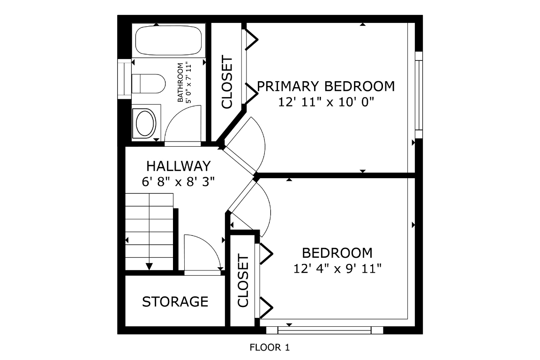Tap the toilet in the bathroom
tap(149, 83)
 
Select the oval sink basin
tap(145, 123)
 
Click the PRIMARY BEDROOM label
tap(326, 86)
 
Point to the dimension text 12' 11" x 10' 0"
tap(326, 102)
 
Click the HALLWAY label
tap(179, 166)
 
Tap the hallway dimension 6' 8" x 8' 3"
tap(179, 181)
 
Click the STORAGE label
tap(175, 301)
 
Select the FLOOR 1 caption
tap(270, 347)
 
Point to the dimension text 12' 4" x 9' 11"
tap(337, 268)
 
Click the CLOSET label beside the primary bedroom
tap(227, 82)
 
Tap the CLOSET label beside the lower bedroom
tap(243, 280)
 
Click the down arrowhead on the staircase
tap(149, 266)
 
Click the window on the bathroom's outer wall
tap(125, 79)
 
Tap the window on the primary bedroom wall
tap(419, 95)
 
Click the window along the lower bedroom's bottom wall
tap(324, 330)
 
